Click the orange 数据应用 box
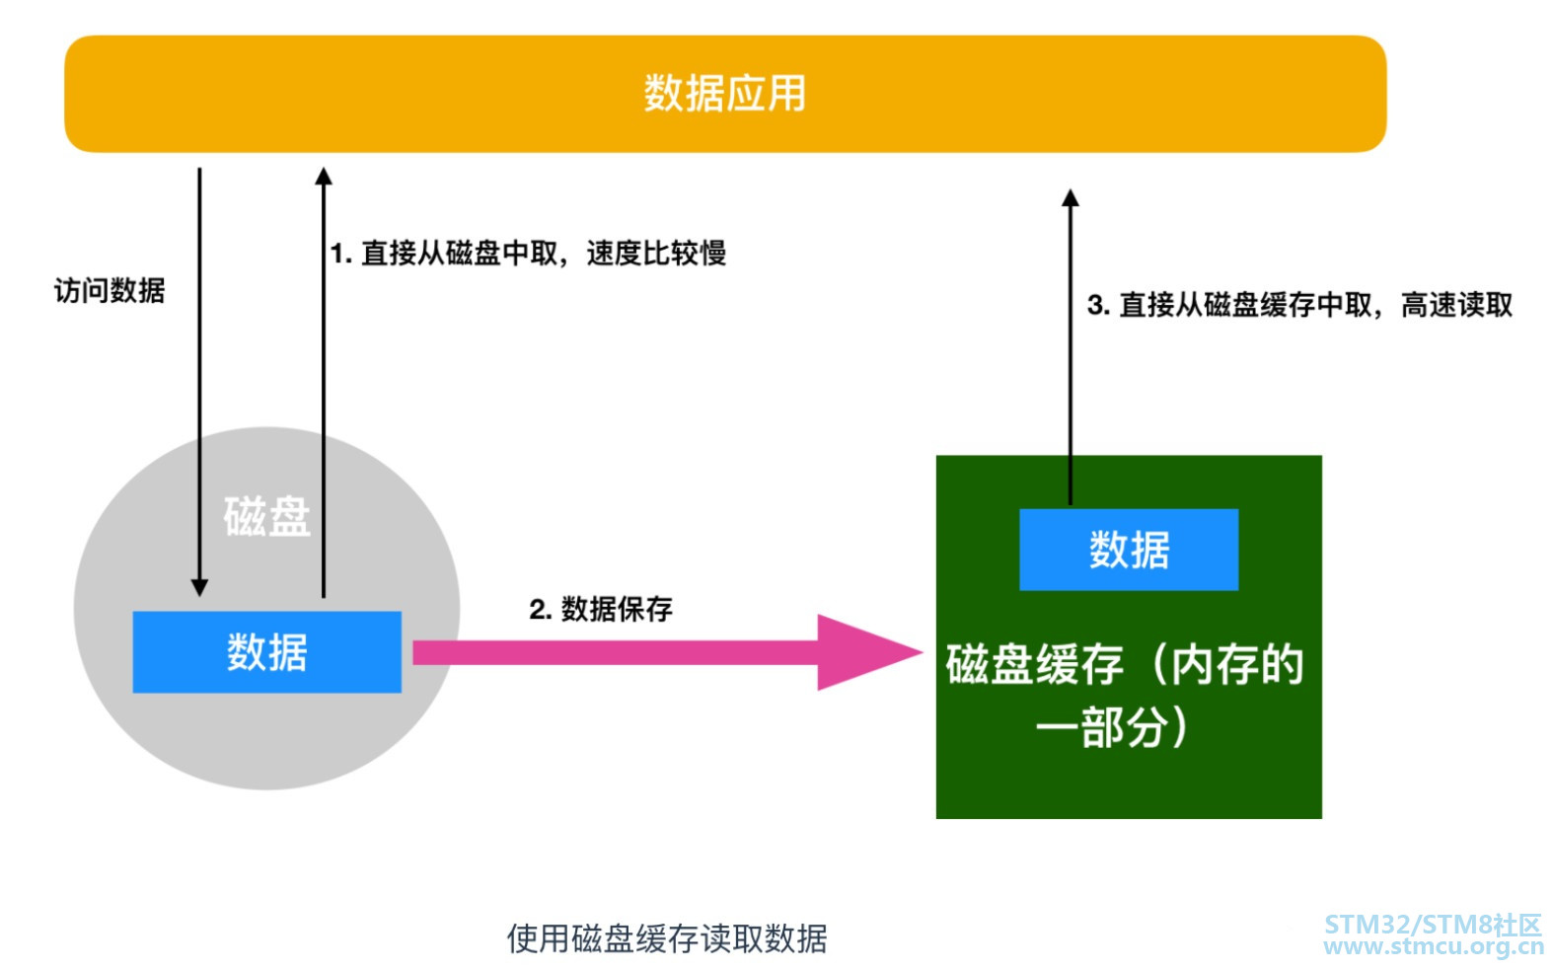pos(725,95)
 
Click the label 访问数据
pos(110,291)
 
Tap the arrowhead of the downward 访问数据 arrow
pos(199,586)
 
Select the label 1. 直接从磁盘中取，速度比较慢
pos(528,254)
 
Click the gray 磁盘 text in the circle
pos(266,517)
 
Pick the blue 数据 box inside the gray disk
pos(266,652)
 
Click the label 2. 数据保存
pos(601,609)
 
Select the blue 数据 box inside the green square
pos(1129,550)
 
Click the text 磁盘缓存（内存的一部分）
pos(1125,695)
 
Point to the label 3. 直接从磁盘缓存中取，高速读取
pos(1299,305)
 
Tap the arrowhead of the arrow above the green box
pos(1071,198)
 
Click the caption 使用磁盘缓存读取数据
pos(667,938)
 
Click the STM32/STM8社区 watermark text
pos(1432,925)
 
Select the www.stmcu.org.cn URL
pos(1433,947)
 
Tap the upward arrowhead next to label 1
pos(324,178)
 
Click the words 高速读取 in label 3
pos(1456,305)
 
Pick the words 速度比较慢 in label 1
pos(656,254)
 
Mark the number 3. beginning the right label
pos(1097,305)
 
